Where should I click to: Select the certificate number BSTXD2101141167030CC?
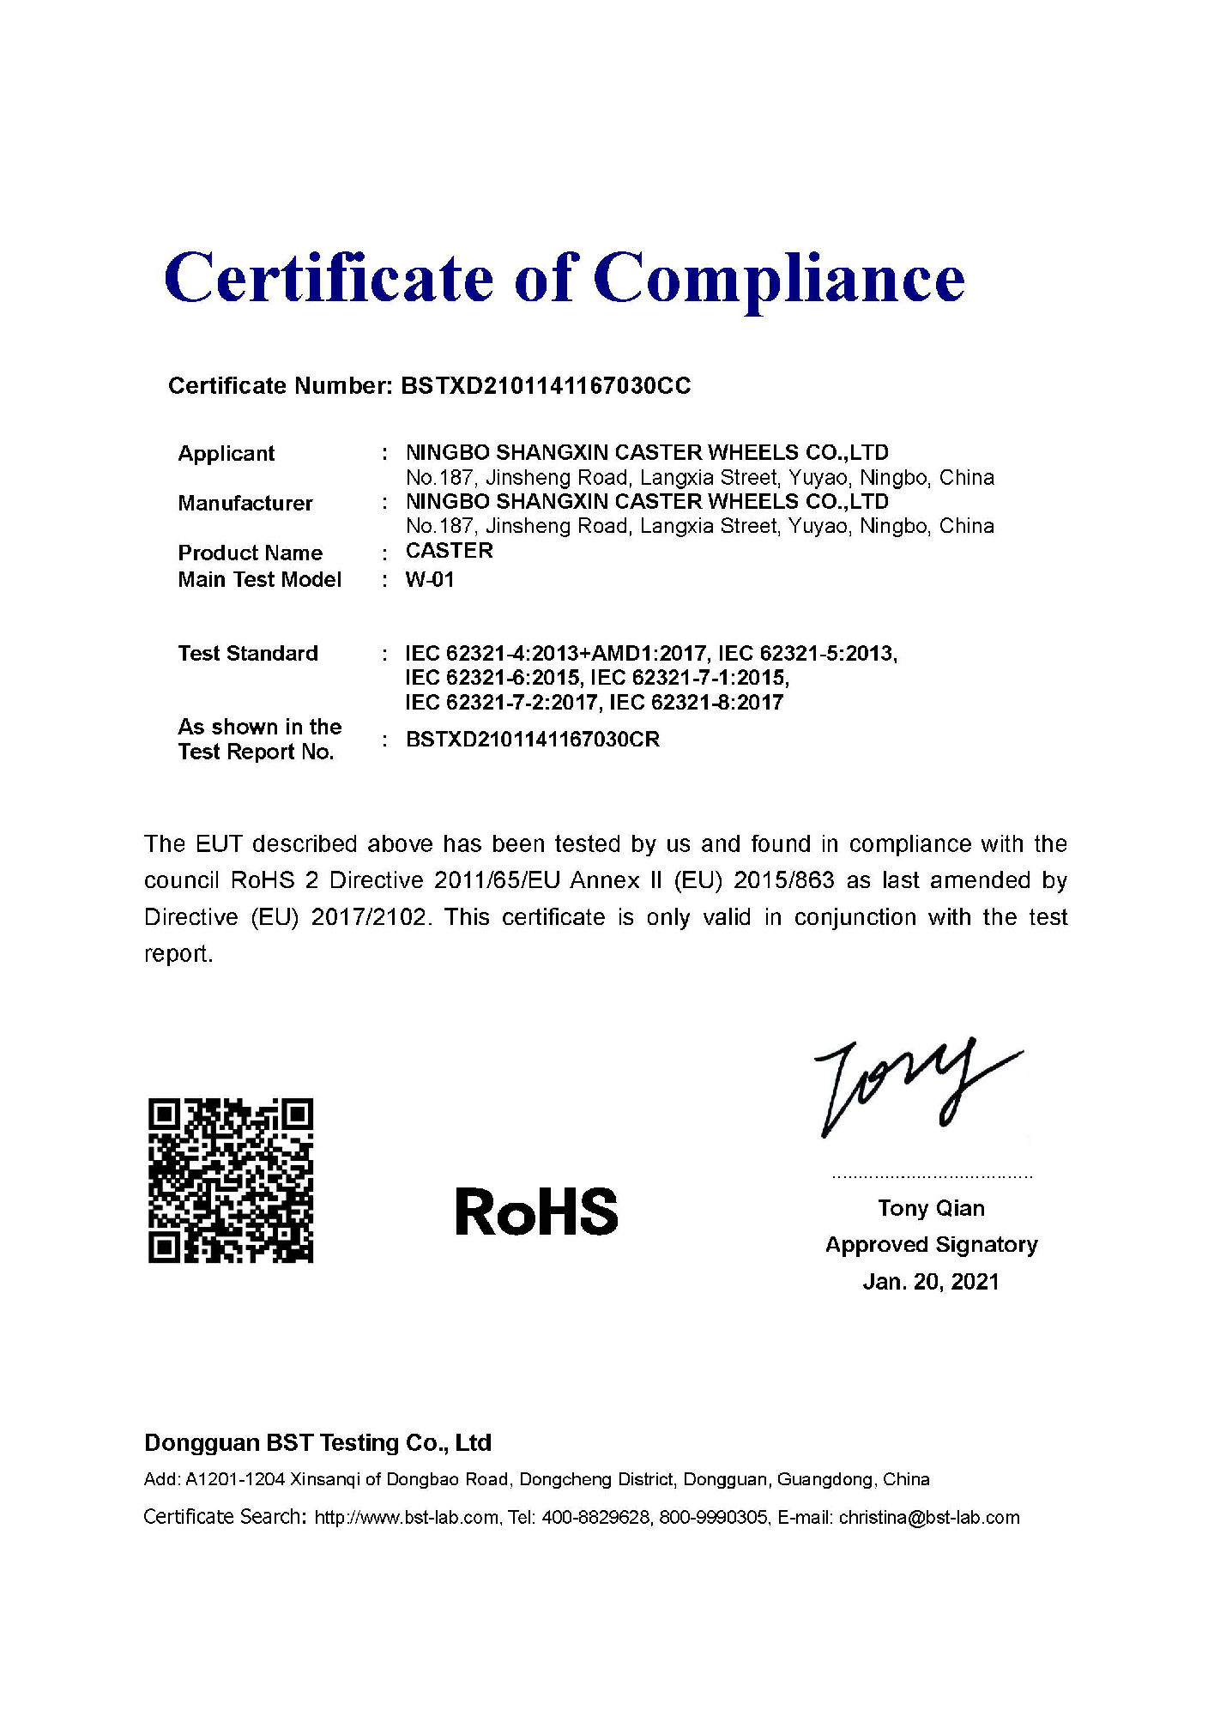(x=546, y=386)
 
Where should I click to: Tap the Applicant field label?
(x=226, y=453)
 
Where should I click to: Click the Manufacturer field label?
(x=245, y=503)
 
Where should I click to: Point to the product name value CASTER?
(x=449, y=551)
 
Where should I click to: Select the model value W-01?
(x=430, y=580)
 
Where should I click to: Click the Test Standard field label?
(x=247, y=653)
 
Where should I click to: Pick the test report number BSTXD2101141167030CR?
(x=532, y=740)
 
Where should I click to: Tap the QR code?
(x=231, y=1180)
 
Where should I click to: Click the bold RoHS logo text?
(x=536, y=1211)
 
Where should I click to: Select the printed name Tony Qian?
(x=931, y=1208)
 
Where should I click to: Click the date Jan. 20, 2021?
(x=931, y=1282)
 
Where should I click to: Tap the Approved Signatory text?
(x=931, y=1245)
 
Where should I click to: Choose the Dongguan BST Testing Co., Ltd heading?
(x=317, y=1442)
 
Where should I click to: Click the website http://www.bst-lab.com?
(x=406, y=1517)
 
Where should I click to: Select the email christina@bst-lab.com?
(x=929, y=1517)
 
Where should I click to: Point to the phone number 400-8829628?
(x=595, y=1517)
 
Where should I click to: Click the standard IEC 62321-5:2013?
(x=807, y=654)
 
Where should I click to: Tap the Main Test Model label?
(x=259, y=580)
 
